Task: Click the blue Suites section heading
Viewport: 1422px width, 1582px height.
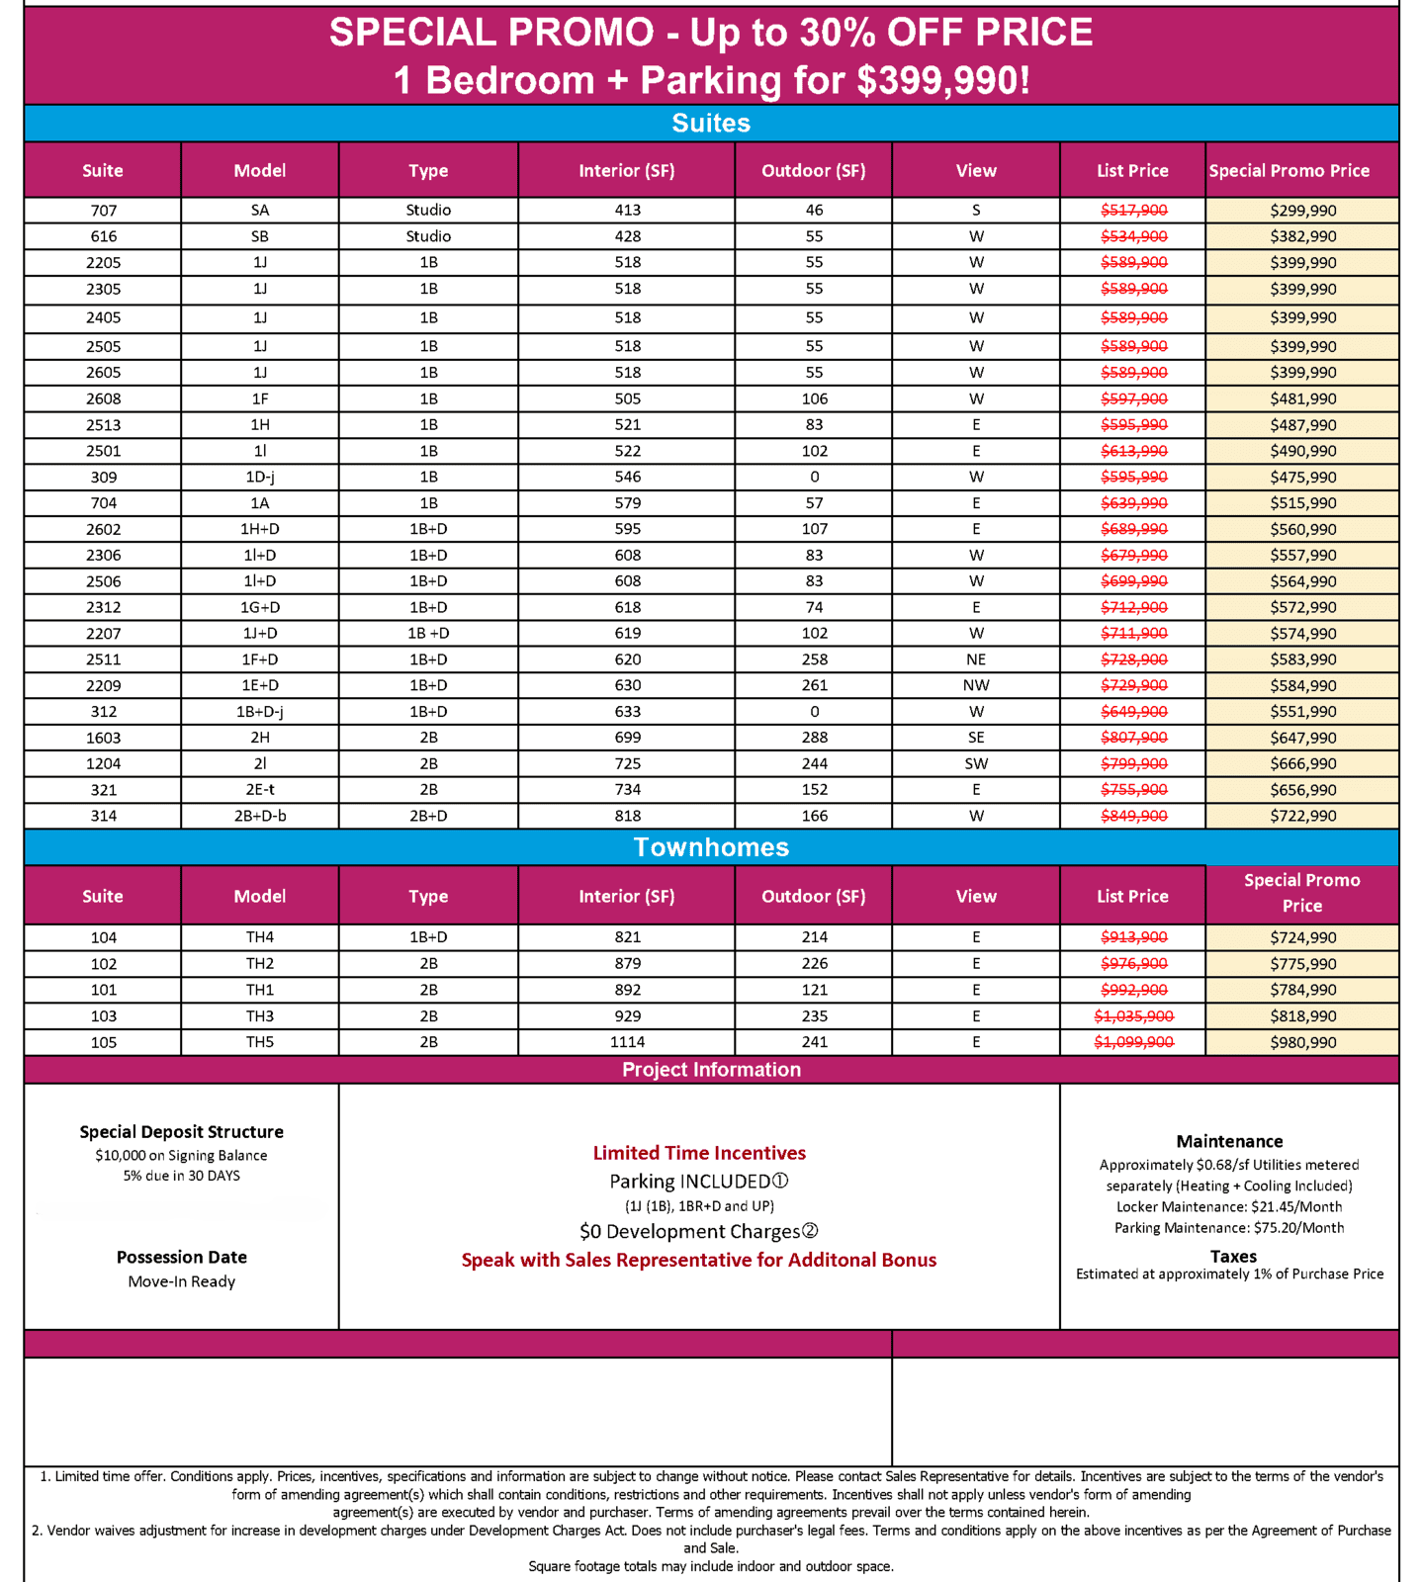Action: coord(711,124)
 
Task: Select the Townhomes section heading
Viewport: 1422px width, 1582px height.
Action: coord(711,847)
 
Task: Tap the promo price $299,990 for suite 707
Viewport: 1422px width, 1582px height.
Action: coord(1302,211)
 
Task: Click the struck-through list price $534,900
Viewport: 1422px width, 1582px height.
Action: coord(1133,236)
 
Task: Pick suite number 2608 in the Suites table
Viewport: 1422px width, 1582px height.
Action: coord(103,398)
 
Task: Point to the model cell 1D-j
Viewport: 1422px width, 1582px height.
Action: coord(260,477)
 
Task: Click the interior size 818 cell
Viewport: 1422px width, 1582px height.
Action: coord(627,816)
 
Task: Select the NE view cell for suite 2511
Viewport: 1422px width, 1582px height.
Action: coord(976,659)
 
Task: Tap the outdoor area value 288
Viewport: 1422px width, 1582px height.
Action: coord(814,738)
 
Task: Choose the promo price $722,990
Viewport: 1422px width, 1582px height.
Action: coord(1302,816)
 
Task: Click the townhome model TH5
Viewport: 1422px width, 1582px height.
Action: coord(260,1042)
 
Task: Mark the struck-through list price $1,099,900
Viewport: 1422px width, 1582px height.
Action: coord(1133,1042)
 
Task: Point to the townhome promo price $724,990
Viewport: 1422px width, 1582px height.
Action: coord(1302,937)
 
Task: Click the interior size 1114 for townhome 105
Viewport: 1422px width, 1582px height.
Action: coord(627,1042)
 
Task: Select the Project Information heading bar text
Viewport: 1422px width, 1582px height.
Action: coord(711,1070)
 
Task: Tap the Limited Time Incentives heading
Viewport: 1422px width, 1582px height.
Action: coord(699,1153)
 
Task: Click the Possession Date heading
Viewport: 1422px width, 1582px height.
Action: coord(182,1258)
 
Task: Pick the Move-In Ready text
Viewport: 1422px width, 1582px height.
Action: coord(182,1281)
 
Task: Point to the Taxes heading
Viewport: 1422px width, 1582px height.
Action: coord(1233,1257)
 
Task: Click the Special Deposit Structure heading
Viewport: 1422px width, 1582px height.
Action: coord(182,1132)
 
